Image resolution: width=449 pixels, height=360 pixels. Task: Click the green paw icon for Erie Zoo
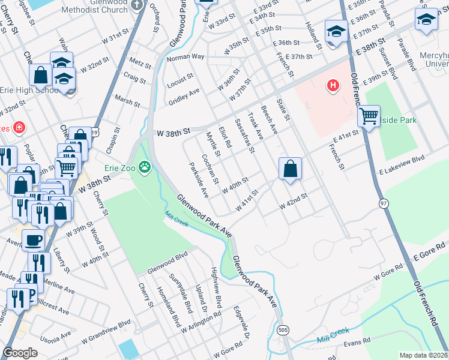tap(145, 166)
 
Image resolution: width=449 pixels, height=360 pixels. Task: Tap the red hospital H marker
tap(332, 86)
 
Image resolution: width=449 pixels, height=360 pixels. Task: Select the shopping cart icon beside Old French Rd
tap(369, 116)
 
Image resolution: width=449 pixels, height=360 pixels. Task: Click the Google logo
tap(20, 352)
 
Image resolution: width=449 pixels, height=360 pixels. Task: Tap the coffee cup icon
tap(34, 240)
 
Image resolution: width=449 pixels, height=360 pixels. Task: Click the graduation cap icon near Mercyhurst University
tap(426, 20)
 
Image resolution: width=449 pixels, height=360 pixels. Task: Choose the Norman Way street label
tap(185, 57)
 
